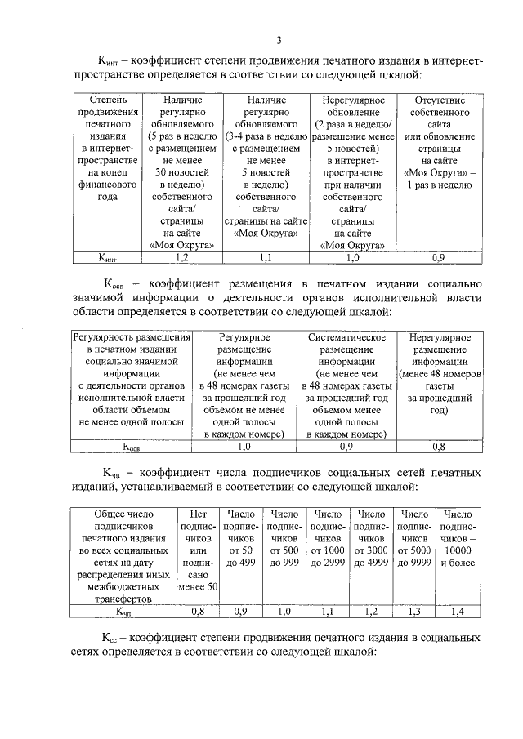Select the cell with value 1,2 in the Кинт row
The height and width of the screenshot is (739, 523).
(x=182, y=257)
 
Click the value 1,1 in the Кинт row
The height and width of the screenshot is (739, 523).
(x=264, y=257)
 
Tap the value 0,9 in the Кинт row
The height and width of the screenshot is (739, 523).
(x=438, y=257)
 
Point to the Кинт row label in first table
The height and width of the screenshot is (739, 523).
(x=107, y=257)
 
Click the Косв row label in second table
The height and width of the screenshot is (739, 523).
(x=132, y=447)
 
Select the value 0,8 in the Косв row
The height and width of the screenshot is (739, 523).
(x=439, y=447)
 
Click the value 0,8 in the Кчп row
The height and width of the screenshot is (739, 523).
(x=197, y=610)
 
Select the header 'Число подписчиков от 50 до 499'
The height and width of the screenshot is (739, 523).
(x=241, y=539)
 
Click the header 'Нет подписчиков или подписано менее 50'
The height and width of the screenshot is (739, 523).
(x=197, y=550)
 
